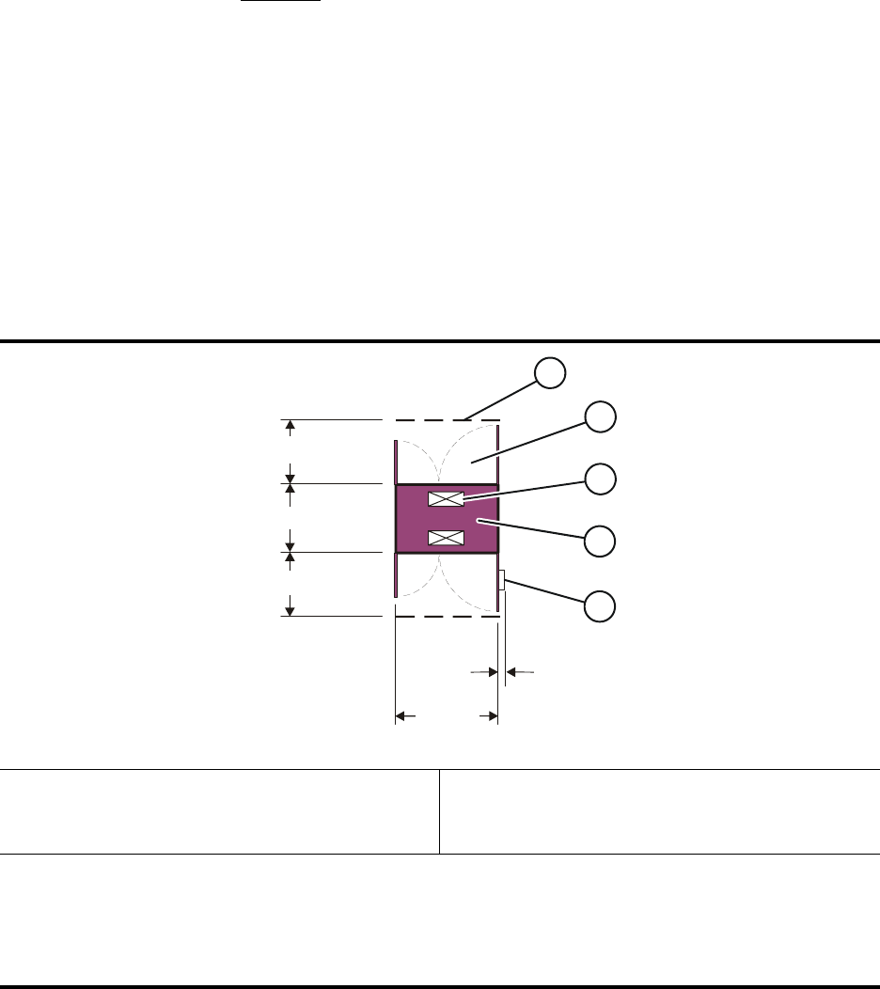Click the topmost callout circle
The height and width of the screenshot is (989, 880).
(x=551, y=373)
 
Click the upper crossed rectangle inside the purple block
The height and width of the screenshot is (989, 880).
(x=446, y=499)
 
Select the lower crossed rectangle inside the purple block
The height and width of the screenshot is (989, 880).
(x=446, y=538)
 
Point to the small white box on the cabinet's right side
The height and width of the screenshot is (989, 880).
(x=502, y=580)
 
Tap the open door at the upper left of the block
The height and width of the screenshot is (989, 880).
(x=395, y=460)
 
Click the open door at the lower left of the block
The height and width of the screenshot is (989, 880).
(x=395, y=574)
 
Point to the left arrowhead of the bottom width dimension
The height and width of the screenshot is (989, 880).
(x=400, y=716)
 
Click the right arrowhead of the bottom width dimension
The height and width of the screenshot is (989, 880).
(x=491, y=716)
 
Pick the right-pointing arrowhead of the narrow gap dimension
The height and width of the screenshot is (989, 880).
(x=491, y=671)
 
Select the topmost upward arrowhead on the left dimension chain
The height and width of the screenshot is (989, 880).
(x=291, y=426)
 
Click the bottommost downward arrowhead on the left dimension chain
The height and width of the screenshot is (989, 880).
(x=291, y=610)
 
